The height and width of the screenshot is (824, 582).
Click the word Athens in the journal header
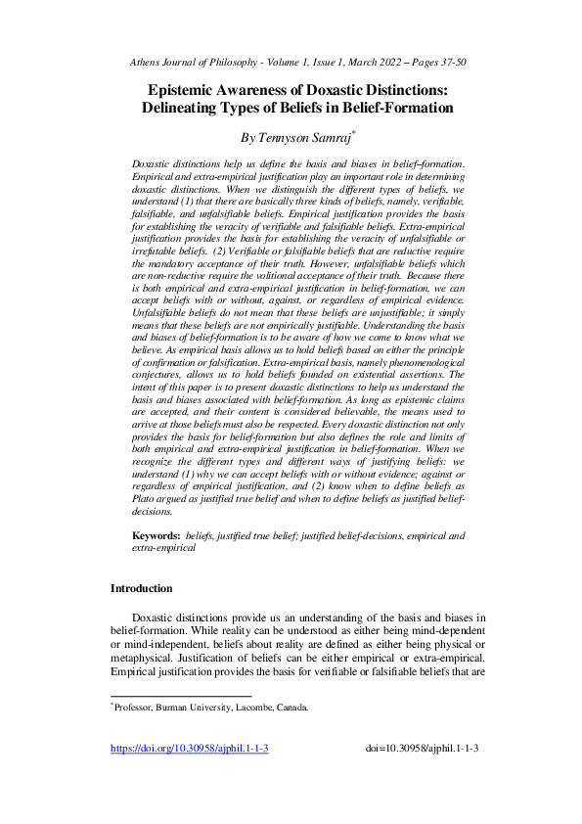pyautogui.click(x=146, y=63)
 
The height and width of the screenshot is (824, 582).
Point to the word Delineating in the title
pyautogui.click(x=193, y=108)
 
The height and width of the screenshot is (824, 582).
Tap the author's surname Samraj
pyautogui.click(x=336, y=138)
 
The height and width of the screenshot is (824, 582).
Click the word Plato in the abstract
pyautogui.click(x=147, y=499)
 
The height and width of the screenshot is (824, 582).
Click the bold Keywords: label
pyautogui.click(x=157, y=537)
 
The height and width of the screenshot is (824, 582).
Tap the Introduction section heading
pyautogui.click(x=141, y=589)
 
